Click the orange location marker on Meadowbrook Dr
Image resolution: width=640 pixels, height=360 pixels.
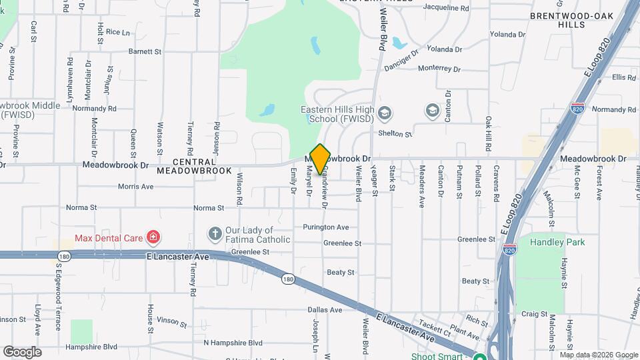(x=320, y=159)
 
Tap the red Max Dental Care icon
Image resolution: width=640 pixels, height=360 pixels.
(x=153, y=237)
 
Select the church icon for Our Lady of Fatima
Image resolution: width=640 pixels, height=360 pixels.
(x=215, y=234)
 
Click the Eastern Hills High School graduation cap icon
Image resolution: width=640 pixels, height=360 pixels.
(x=384, y=113)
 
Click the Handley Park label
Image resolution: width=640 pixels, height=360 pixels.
(x=557, y=242)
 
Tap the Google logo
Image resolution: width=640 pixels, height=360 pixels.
(x=22, y=351)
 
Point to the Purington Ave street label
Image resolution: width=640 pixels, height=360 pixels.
(x=325, y=227)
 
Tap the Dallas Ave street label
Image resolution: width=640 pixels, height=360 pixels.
(x=325, y=310)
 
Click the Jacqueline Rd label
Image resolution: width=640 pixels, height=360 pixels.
(x=446, y=8)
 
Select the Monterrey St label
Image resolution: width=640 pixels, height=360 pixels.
(x=439, y=68)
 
